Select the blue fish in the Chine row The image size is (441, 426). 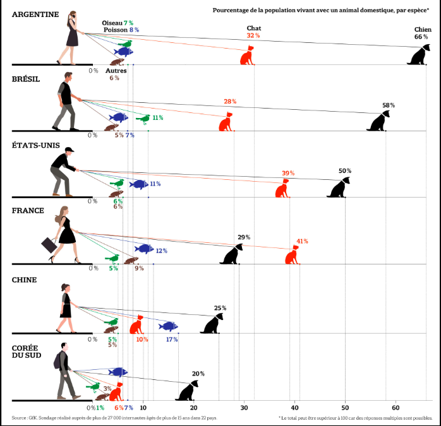(168, 326)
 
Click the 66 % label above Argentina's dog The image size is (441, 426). (421, 37)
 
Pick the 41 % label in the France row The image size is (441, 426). (302, 241)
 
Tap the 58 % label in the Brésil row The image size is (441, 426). (389, 105)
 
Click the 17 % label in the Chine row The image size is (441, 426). (171, 340)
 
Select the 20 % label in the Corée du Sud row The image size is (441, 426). (198, 374)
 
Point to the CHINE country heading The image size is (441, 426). (25, 280)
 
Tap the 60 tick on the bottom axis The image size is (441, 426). (396, 408)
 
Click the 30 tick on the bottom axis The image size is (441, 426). (244, 408)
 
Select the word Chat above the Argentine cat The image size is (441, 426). (253, 28)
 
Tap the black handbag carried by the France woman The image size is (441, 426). (49, 244)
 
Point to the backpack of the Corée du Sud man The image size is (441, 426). (58, 360)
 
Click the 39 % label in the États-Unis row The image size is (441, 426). (288, 173)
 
